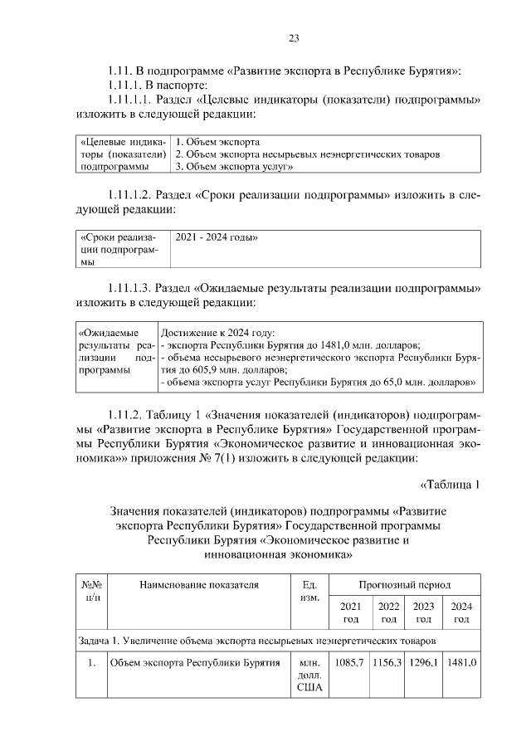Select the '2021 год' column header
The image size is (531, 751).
[350, 612]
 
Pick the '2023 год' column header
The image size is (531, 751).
[424, 612]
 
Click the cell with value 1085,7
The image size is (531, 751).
[349, 663]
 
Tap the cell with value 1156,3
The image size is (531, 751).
[387, 663]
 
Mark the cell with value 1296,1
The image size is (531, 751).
[424, 663]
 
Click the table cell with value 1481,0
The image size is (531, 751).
[461, 663]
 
